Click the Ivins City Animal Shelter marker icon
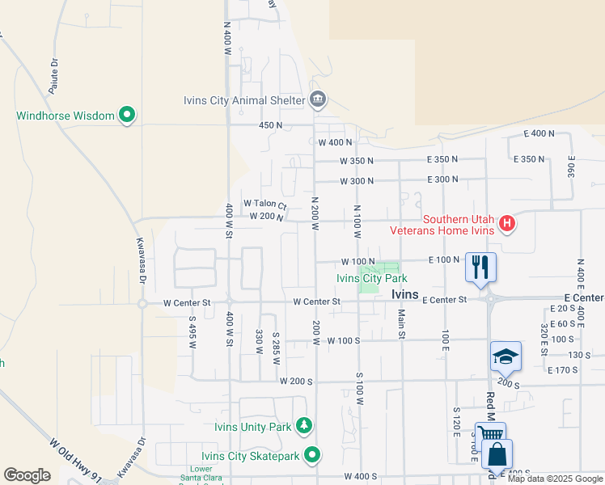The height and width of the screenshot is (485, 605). tap(318, 100)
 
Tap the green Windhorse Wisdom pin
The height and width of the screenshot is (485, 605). tap(127, 116)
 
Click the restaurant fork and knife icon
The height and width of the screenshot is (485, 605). tap(480, 268)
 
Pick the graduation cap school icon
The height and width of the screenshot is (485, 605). tap(506, 356)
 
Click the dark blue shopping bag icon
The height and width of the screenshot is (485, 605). tap(497, 456)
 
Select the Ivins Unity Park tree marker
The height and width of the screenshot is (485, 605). tap(304, 425)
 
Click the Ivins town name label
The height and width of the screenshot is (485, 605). tap(404, 295)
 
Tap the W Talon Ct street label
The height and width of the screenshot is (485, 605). tap(265, 204)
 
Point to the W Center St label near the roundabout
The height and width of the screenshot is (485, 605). tap(186, 303)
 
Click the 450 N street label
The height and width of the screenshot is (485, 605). tap(270, 125)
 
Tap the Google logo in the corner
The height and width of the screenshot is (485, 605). tap(27, 475)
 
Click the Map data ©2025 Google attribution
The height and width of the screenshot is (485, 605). tap(555, 479)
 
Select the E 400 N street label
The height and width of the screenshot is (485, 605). tap(539, 133)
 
